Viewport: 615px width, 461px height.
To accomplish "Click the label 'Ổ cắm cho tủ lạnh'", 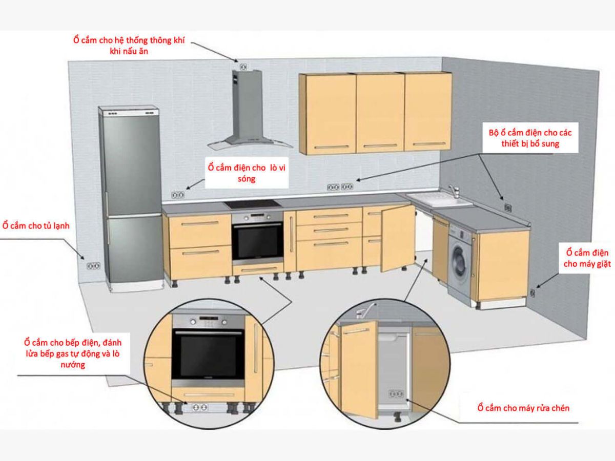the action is coord(36,226).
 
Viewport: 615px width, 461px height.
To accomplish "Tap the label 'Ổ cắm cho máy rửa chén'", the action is coord(523,408).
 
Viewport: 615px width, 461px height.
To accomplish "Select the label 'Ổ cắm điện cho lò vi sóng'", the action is coord(247,173).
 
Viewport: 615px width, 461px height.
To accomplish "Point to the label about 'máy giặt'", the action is coord(587,258).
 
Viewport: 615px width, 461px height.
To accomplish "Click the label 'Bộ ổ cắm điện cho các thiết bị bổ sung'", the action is coord(530,138).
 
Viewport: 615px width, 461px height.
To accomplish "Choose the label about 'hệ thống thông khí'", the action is coord(129,46).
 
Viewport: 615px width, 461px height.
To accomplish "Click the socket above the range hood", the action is coord(243,67).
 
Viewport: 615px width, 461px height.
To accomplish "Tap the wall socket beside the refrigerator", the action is coord(93,265).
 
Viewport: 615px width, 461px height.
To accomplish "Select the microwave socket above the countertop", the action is coord(178,195).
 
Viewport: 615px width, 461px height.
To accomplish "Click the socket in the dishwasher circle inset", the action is coord(396,394).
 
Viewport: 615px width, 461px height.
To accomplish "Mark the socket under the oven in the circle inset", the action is coord(199,407).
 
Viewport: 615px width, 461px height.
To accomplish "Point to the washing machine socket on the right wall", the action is coord(532,293).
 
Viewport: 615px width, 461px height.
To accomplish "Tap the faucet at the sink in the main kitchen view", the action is coord(454,192).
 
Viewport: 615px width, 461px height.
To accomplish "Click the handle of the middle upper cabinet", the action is coord(380,146).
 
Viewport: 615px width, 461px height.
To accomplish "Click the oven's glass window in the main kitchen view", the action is coord(257,242).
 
